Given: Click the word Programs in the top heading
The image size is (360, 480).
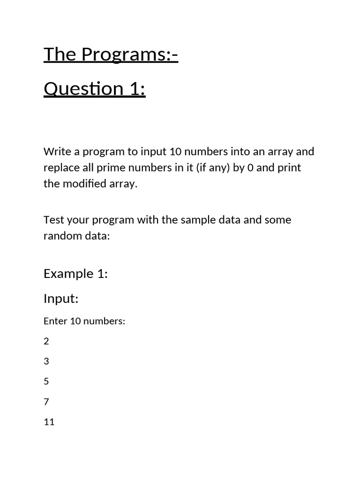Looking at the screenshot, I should [x=126, y=55].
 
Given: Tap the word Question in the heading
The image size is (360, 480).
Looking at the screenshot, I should [x=77, y=89].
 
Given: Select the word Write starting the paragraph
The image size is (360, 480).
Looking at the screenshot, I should [x=56, y=152].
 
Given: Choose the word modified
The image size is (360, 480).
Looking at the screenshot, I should [x=82, y=184].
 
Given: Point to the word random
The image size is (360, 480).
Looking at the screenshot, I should [x=63, y=236].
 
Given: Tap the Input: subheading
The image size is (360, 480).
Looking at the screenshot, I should [x=61, y=299].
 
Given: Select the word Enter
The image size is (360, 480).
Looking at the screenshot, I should [x=55, y=322].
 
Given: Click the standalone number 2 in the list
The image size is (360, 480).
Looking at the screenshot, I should [x=46, y=341].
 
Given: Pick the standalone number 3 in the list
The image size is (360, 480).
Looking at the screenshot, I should [x=46, y=361].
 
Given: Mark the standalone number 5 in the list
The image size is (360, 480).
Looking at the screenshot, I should [x=46, y=382].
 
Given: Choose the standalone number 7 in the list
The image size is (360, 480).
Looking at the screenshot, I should [x=46, y=402].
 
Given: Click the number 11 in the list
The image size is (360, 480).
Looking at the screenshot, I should [x=49, y=422].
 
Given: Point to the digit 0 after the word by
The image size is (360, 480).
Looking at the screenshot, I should [x=250, y=168].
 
